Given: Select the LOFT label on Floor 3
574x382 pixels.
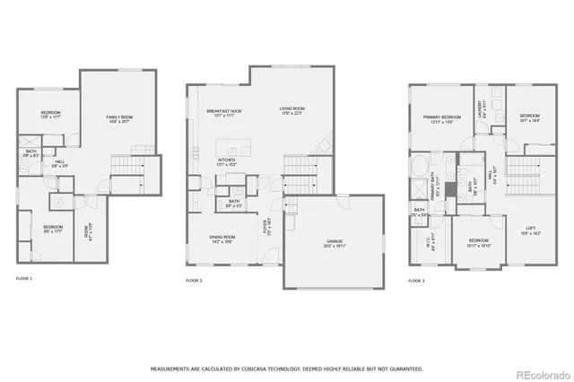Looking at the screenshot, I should tap(535, 229).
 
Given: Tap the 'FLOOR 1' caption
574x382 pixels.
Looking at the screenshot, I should tap(24, 280).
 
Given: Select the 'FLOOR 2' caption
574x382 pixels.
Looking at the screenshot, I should tap(194, 281).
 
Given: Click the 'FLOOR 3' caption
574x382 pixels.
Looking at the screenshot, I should tap(416, 281).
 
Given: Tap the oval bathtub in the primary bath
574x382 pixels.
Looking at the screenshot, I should tap(420, 167).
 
